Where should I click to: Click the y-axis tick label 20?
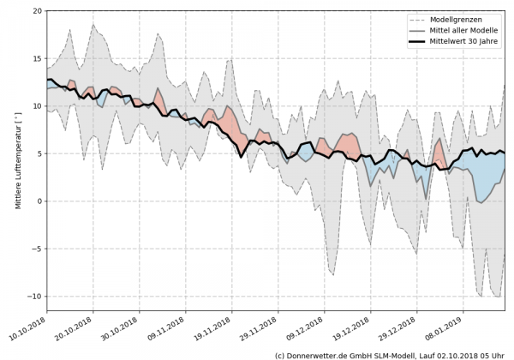(x=37, y=11)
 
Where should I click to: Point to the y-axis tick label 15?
(x=37, y=58)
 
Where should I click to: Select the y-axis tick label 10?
(x=37, y=106)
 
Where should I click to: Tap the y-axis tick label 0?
(x=39, y=201)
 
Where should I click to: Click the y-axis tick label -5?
(x=37, y=249)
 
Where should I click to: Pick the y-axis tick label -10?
(x=35, y=297)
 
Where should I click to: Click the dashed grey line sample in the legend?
(x=417, y=20)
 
